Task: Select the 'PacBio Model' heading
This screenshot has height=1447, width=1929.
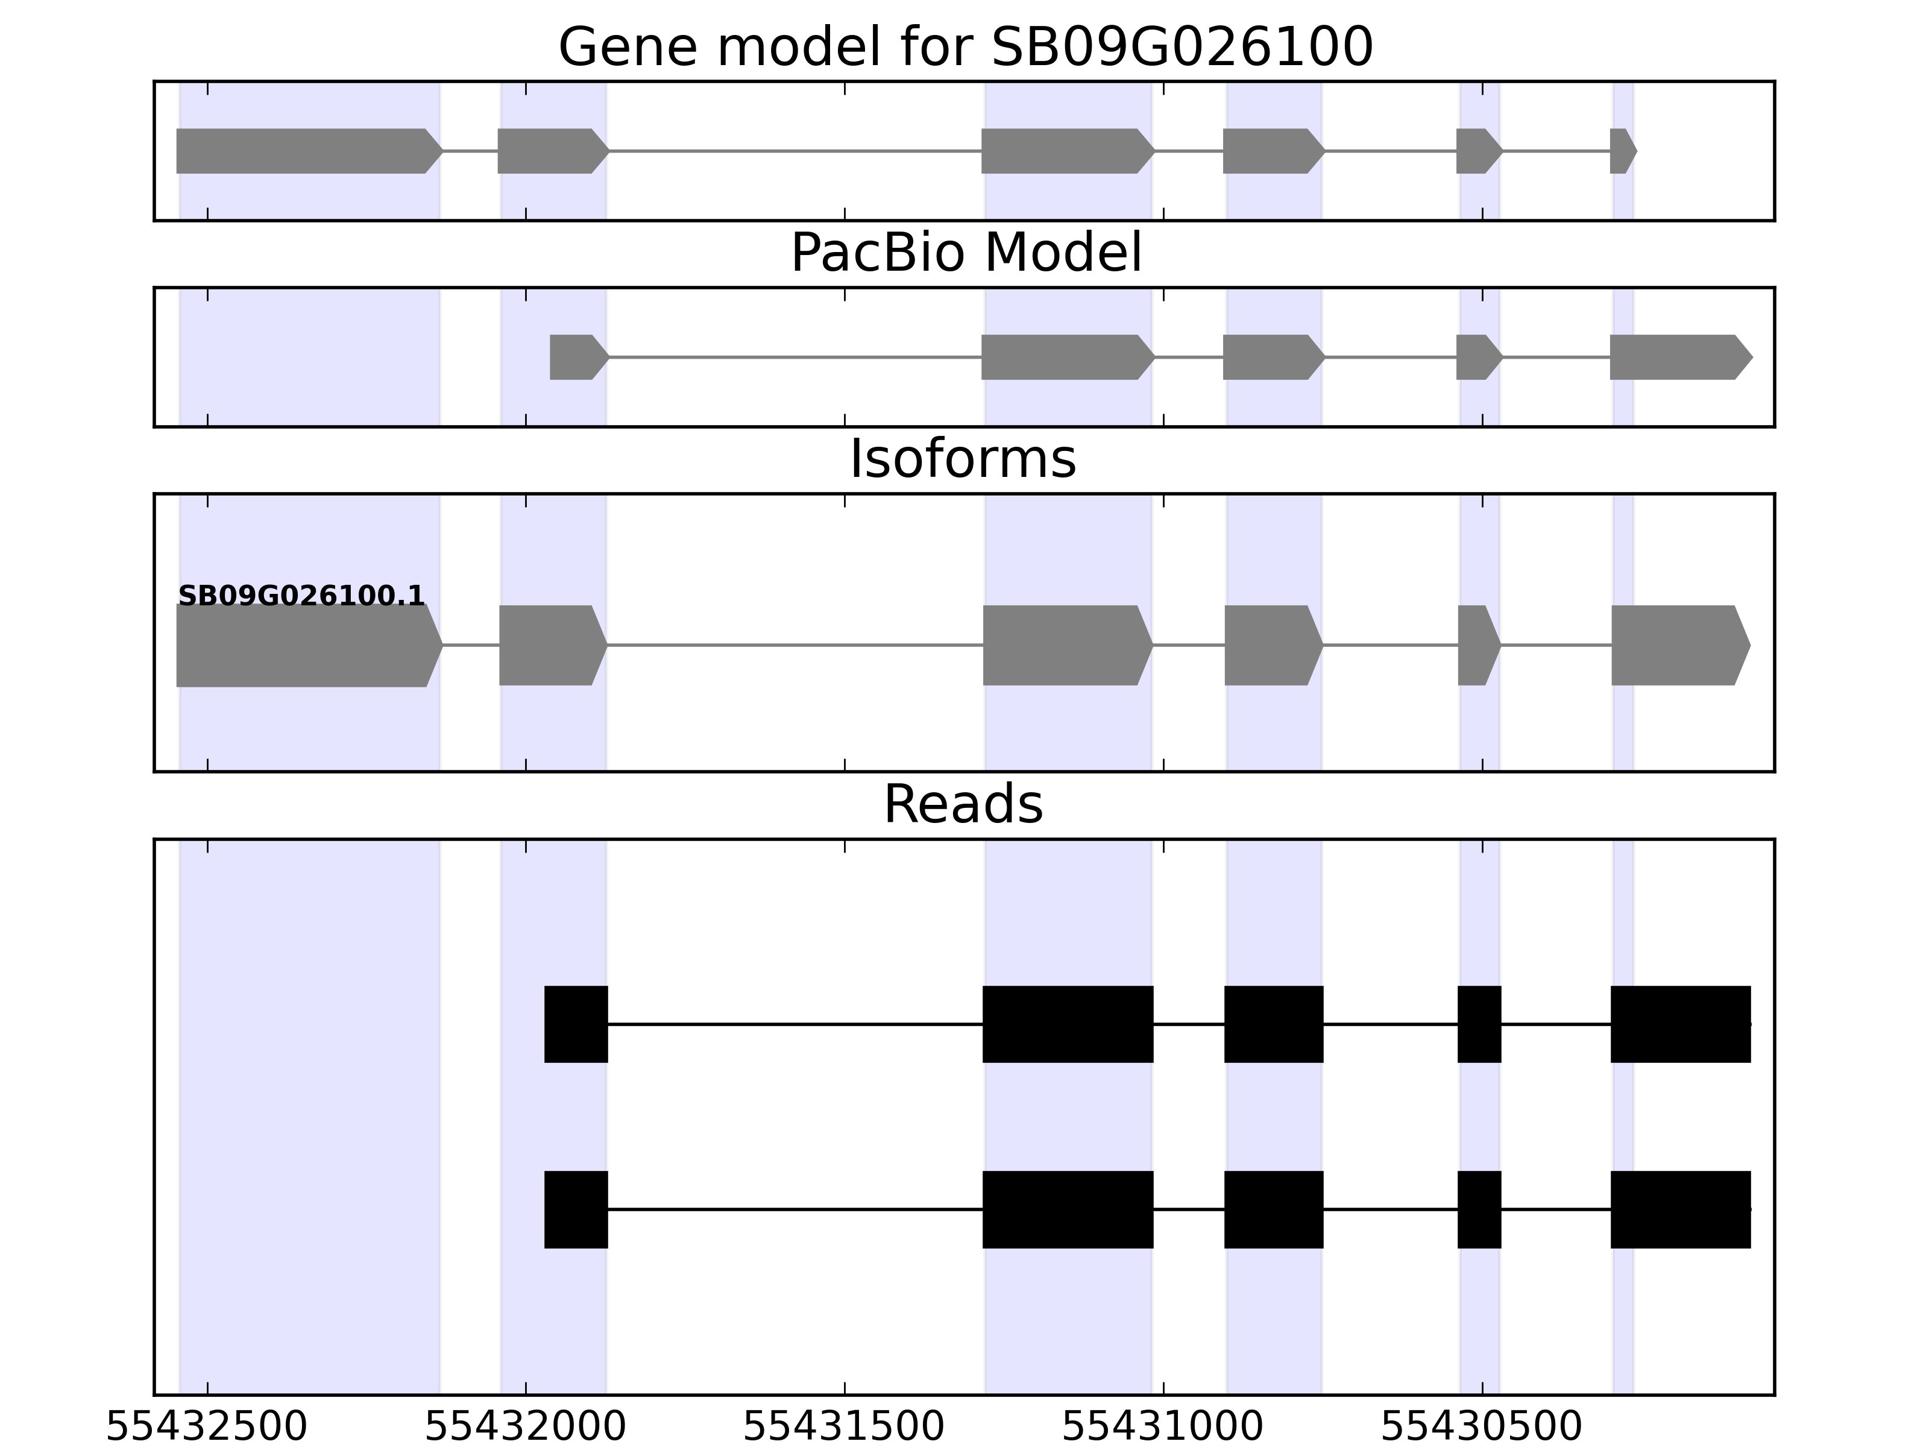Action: pos(965,253)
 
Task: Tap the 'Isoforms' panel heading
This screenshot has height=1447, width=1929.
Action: pos(963,459)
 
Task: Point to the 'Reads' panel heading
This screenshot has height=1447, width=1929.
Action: pos(963,804)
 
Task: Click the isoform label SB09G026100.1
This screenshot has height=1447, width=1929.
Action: pos(301,596)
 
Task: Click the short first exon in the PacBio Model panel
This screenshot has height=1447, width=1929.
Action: pos(576,357)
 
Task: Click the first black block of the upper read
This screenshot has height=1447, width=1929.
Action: pos(576,1024)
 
